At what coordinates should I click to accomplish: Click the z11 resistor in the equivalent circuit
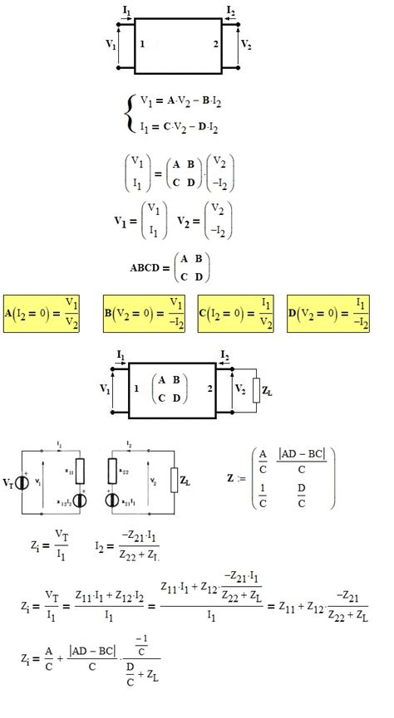80,469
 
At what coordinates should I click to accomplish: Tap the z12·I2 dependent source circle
80,501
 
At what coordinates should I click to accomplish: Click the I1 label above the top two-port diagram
126,10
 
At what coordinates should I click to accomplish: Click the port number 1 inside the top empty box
143,42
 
